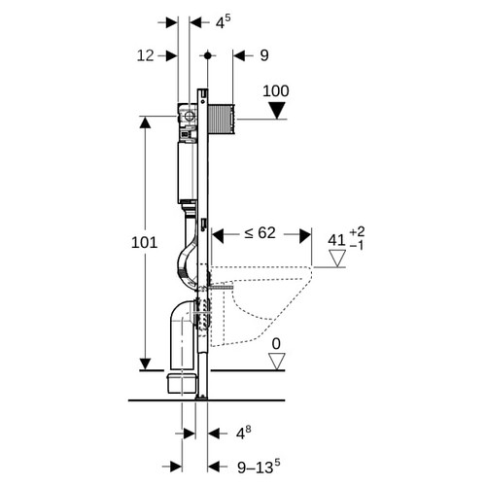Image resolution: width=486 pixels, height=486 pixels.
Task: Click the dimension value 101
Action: [144, 243]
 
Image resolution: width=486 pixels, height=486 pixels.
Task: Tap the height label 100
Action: [276, 91]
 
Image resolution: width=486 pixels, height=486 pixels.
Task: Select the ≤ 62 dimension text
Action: [260, 233]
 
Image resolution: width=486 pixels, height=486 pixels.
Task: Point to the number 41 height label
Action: [336, 240]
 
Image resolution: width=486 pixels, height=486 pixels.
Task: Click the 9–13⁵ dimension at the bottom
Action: [259, 466]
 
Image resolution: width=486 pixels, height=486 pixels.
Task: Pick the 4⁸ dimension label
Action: [243, 433]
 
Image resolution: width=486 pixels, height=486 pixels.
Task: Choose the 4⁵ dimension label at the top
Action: [224, 22]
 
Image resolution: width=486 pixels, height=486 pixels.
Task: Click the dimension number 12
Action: [145, 55]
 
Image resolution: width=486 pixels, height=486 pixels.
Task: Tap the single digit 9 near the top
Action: [264, 55]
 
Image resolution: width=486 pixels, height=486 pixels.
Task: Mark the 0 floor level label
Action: [276, 344]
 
